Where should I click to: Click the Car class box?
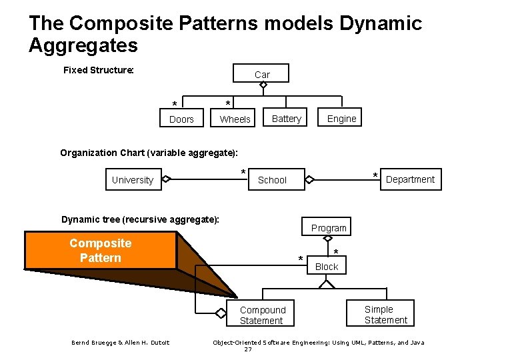point(261,73)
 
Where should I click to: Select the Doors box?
point(181,119)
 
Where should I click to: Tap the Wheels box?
point(235,119)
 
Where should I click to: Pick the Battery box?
point(287,118)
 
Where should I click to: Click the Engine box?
point(341,118)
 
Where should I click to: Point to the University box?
point(133,179)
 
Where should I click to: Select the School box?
point(272,179)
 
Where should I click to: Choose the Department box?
point(410,179)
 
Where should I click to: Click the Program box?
point(329,227)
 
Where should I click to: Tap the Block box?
point(327,266)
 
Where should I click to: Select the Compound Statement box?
point(262,315)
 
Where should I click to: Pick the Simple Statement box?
point(385,314)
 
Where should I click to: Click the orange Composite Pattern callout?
point(101,251)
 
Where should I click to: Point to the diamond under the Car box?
point(263,85)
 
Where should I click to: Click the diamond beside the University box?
point(166,179)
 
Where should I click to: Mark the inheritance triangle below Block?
point(326,283)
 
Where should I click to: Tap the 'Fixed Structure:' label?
point(99,70)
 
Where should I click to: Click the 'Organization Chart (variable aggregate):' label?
point(149,153)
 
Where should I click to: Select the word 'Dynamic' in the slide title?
point(381,23)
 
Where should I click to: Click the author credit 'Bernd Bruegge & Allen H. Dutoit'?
point(121,343)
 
